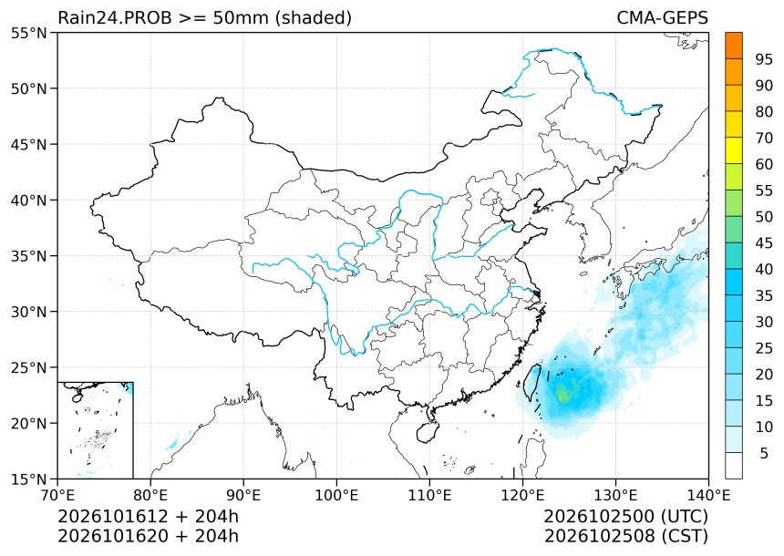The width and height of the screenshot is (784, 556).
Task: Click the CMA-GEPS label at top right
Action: (x=662, y=18)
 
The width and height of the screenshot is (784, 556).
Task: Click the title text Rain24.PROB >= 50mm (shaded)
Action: (x=205, y=18)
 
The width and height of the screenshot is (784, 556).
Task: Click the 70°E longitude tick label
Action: (x=57, y=495)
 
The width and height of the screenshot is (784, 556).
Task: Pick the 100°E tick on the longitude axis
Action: (x=336, y=495)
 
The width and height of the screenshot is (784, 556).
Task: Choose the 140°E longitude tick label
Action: (x=708, y=495)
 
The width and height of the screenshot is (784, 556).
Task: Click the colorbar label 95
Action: (x=764, y=59)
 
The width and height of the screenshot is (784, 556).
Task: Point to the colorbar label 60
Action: (x=764, y=164)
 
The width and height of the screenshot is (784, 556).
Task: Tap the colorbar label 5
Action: (x=764, y=453)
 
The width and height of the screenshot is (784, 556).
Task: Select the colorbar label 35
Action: (x=764, y=295)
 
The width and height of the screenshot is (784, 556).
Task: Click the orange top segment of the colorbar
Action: (x=734, y=46)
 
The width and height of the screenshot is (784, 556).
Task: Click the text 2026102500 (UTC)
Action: (x=626, y=516)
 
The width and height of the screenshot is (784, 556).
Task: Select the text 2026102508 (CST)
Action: (x=626, y=536)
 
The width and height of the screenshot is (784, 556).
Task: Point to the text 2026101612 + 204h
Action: (x=149, y=516)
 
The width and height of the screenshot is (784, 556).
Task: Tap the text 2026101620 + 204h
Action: (x=149, y=536)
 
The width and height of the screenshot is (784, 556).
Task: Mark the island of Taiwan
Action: (x=532, y=382)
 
